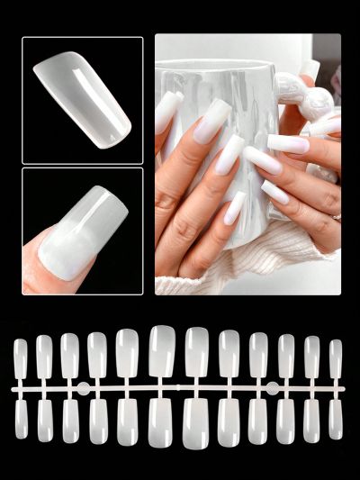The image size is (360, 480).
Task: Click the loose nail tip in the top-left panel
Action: [x=82, y=98]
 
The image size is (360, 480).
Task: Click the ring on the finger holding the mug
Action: [x=337, y=217]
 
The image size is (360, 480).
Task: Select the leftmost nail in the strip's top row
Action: [x=20, y=358]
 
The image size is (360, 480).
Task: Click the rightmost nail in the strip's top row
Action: [x=335, y=358]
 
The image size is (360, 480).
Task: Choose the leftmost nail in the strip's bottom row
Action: [x=21, y=419]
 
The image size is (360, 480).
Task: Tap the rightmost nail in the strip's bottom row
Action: [x=335, y=419]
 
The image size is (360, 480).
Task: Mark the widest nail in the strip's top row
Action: [x=162, y=351]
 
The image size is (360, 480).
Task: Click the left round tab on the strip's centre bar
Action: [x=83, y=389]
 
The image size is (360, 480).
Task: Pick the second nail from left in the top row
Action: [x=44, y=357]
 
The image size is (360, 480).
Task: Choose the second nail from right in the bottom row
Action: [x=311, y=420]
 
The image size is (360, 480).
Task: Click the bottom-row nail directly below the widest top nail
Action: [x=162, y=421]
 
